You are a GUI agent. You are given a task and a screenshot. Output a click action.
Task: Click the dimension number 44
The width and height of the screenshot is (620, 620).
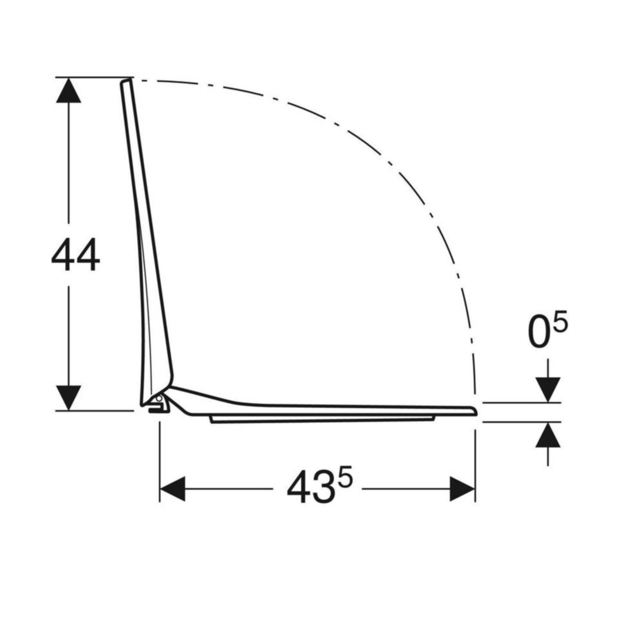tap(75, 256)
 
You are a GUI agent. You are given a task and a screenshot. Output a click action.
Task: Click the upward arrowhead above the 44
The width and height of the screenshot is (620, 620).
tap(69, 91)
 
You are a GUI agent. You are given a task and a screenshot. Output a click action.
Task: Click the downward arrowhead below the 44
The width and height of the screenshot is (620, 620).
tap(69, 398)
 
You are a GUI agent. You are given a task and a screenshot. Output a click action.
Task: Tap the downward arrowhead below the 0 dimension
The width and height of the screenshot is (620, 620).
tap(548, 390)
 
